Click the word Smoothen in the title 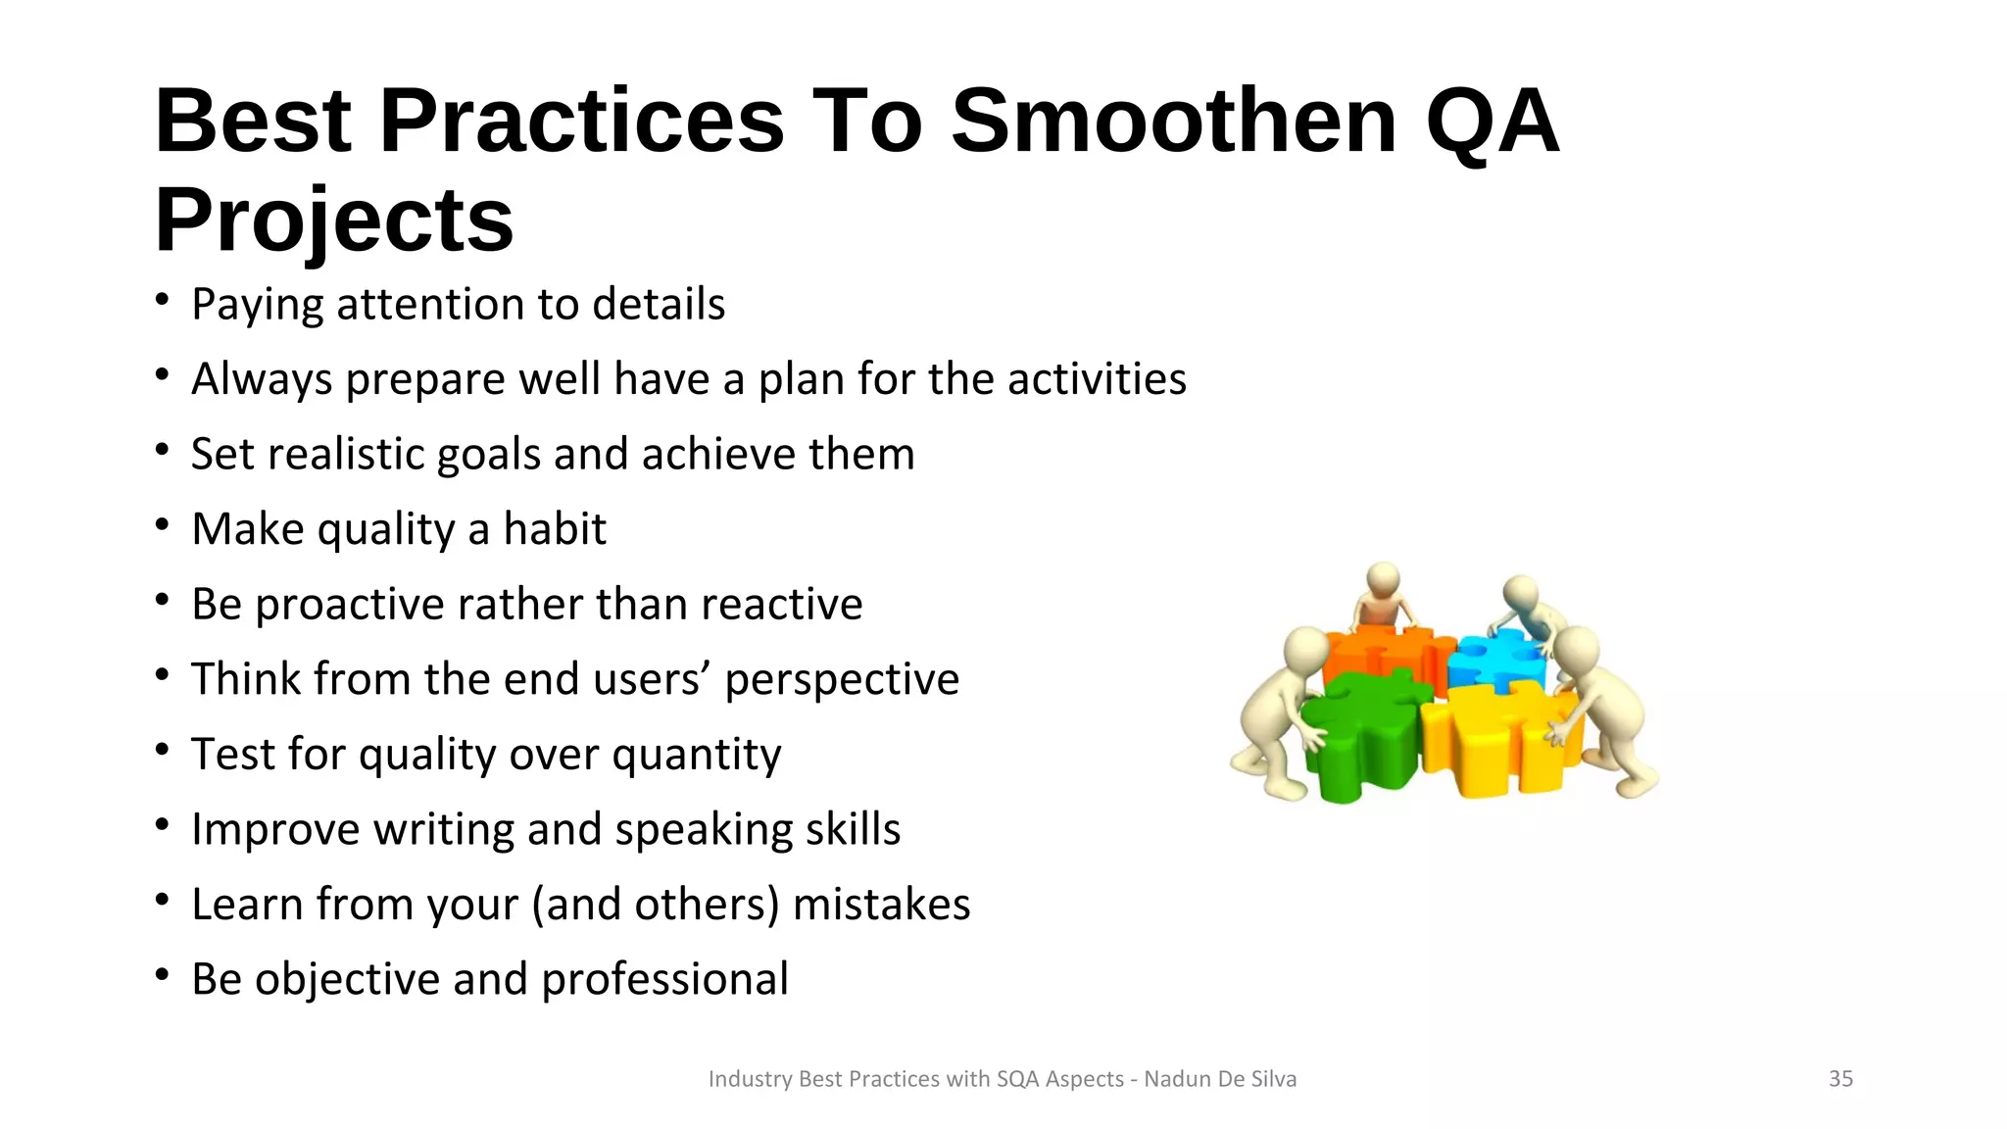point(1173,122)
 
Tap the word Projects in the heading point(334,221)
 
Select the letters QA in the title point(1491,122)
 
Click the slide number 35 point(1840,1079)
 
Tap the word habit point(555,529)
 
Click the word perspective point(842,680)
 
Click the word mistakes point(881,905)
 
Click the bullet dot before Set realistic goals point(163,450)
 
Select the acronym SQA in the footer point(1018,1079)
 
